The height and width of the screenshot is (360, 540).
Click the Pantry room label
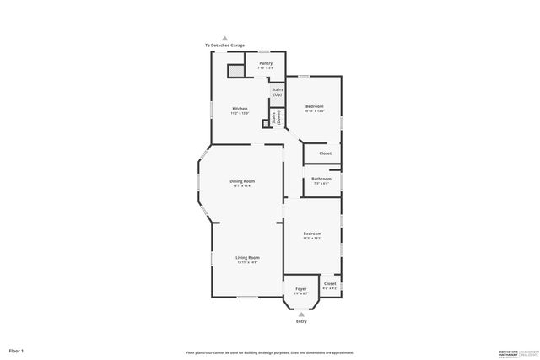pos(266,63)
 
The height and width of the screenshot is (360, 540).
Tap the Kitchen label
pos(240,109)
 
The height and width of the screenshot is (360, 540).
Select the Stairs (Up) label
pos(278,90)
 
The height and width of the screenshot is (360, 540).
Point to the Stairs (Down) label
pos(274,119)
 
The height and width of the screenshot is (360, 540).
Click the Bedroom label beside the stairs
pos(314,106)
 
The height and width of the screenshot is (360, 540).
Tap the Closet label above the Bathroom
pos(325,153)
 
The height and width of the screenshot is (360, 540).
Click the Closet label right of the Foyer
pos(329,284)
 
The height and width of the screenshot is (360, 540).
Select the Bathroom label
pos(321,179)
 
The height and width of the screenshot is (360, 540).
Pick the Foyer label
pos(301,289)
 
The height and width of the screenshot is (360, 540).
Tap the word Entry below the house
pos(302,321)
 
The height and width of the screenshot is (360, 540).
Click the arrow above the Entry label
pos(302,313)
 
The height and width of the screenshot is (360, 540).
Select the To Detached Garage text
pos(224,45)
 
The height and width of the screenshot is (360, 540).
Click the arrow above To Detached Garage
pos(224,37)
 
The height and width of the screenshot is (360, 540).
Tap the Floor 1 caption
pos(17,349)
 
